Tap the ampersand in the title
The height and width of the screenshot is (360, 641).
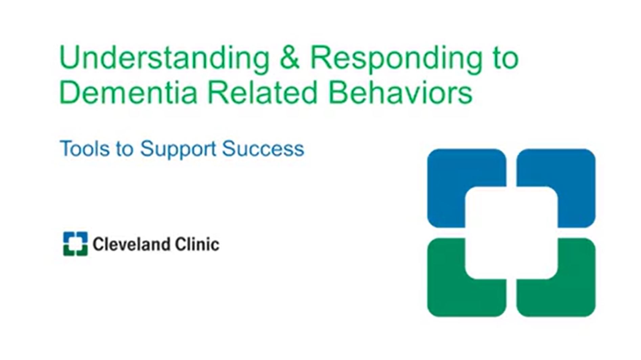290,58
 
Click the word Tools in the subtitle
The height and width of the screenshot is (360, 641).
84,149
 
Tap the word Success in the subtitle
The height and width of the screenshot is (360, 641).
263,149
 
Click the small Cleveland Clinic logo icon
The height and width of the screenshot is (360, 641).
75,244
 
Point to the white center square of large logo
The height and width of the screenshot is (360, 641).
511,233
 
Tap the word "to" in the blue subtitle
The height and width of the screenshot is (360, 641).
125,149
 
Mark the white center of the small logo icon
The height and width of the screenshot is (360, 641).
75,244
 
